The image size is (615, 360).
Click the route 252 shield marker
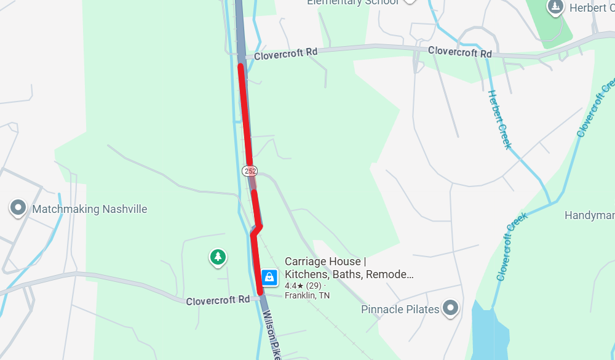[x=250, y=170]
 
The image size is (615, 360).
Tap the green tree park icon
[x=217, y=257]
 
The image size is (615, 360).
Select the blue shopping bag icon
[x=269, y=277]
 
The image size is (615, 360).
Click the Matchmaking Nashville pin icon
[x=18, y=209]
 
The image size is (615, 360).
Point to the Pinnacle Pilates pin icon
[x=451, y=308]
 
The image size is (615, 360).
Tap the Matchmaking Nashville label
[x=90, y=209]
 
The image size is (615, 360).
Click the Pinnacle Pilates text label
[x=400, y=309]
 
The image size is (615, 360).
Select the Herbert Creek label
[x=499, y=119]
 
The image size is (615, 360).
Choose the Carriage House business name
[x=349, y=268]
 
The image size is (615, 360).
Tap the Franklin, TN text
[x=307, y=295]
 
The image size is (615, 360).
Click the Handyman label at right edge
[x=589, y=215]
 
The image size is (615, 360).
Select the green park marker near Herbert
[x=555, y=8]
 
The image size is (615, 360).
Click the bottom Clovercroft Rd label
[x=218, y=300]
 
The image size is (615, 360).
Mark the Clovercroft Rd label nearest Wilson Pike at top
[x=285, y=53]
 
